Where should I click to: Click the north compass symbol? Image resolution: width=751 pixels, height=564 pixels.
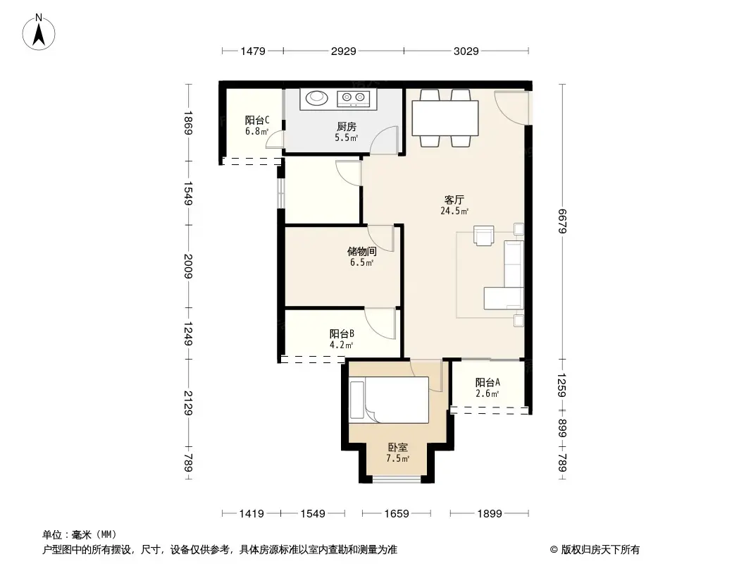pyautogui.click(x=41, y=31)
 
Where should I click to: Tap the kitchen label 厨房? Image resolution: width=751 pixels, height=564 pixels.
pyautogui.click(x=346, y=126)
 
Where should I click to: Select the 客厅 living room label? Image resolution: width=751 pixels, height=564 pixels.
pyautogui.click(x=454, y=200)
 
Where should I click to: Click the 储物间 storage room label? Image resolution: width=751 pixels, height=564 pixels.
pyautogui.click(x=361, y=251)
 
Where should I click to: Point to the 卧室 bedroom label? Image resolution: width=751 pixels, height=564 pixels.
pyautogui.click(x=397, y=447)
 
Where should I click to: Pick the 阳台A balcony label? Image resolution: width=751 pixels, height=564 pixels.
pyautogui.click(x=488, y=382)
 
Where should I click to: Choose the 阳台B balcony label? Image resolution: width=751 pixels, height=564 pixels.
pyautogui.click(x=342, y=334)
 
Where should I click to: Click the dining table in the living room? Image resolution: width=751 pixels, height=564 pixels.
pyautogui.click(x=445, y=118)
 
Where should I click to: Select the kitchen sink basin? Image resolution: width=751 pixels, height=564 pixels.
pyautogui.click(x=316, y=97)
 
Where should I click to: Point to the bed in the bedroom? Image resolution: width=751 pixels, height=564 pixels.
pyautogui.click(x=389, y=400)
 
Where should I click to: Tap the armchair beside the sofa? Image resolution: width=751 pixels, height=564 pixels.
pyautogui.click(x=485, y=235)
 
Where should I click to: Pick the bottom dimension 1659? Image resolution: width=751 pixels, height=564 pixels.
pyautogui.click(x=397, y=514)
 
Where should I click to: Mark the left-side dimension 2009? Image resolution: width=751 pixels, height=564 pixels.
pyautogui.click(x=188, y=266)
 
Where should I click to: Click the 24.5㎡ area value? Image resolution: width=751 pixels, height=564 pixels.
pyautogui.click(x=454, y=210)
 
